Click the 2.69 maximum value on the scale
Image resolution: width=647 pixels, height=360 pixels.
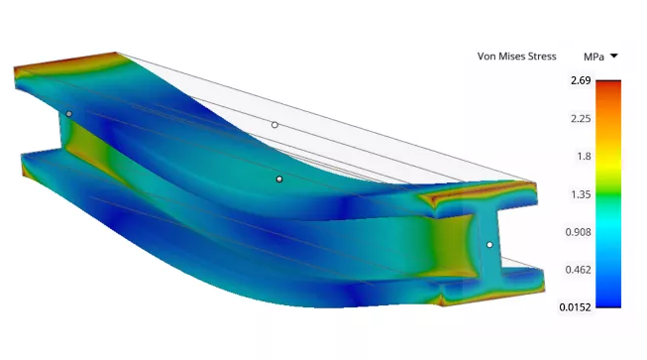pos(581,80)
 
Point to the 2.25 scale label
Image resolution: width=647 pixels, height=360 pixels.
pos(581,119)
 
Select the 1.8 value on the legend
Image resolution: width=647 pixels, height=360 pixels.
pos(584,157)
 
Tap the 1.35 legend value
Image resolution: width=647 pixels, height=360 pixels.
pos(581,194)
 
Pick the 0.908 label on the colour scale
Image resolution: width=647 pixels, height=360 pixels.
pos(578,232)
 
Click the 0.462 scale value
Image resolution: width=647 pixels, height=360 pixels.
pos(578,270)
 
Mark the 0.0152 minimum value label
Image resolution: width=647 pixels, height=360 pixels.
pos(576,307)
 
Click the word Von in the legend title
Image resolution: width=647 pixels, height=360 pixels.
pos(485,57)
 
